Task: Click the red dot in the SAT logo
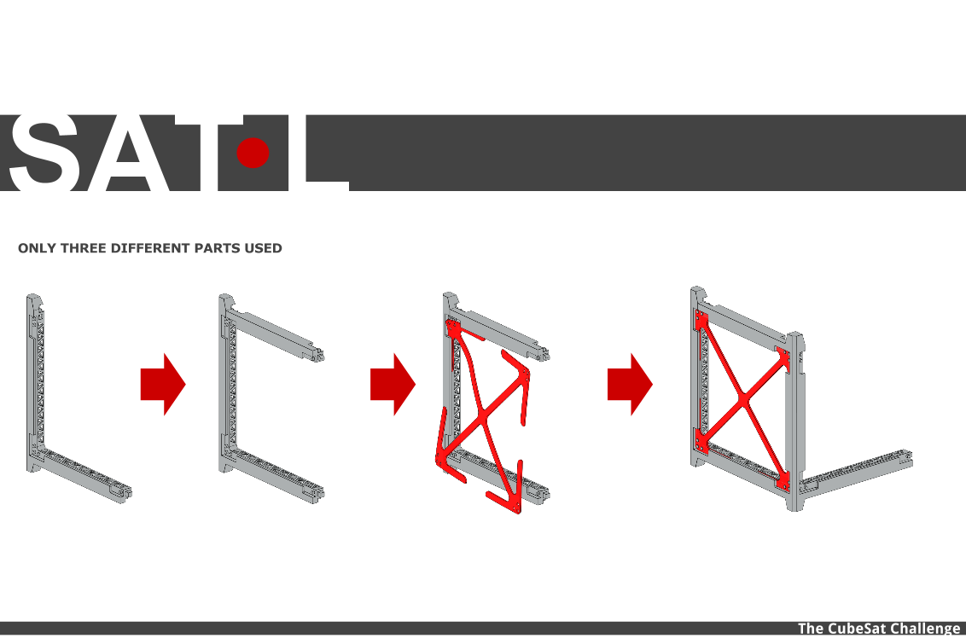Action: [253, 153]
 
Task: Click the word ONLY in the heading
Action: [37, 248]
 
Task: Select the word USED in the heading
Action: [264, 248]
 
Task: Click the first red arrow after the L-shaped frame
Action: [163, 384]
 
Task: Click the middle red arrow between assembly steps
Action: [393, 384]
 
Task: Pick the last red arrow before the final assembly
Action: [631, 384]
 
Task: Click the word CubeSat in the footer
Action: [856, 629]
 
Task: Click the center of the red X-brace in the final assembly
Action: [743, 401]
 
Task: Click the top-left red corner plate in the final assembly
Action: [701, 321]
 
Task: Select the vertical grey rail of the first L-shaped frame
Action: [35, 382]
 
